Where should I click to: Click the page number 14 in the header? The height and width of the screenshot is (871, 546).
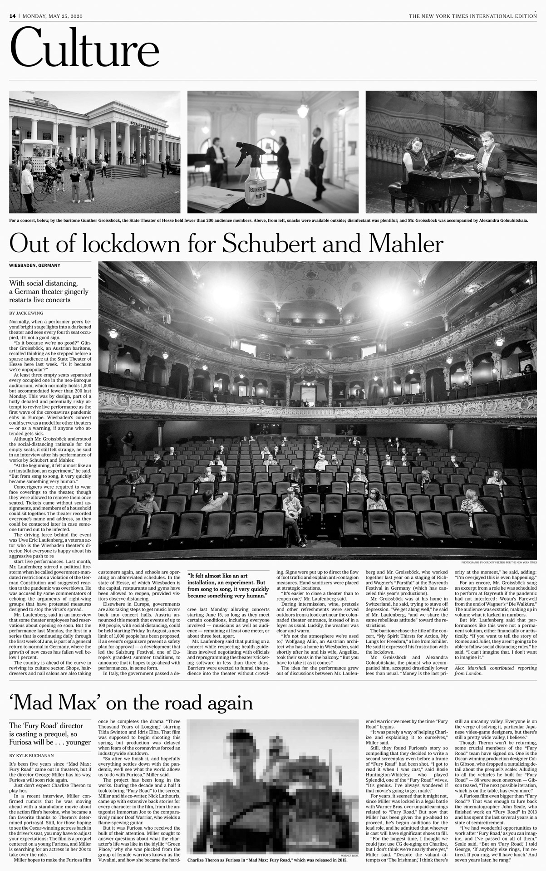(12, 16)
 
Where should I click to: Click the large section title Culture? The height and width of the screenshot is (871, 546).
(85, 48)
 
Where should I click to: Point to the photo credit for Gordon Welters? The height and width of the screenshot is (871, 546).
(499, 562)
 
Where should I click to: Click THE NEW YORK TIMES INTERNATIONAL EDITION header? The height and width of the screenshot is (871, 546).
(472, 16)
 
